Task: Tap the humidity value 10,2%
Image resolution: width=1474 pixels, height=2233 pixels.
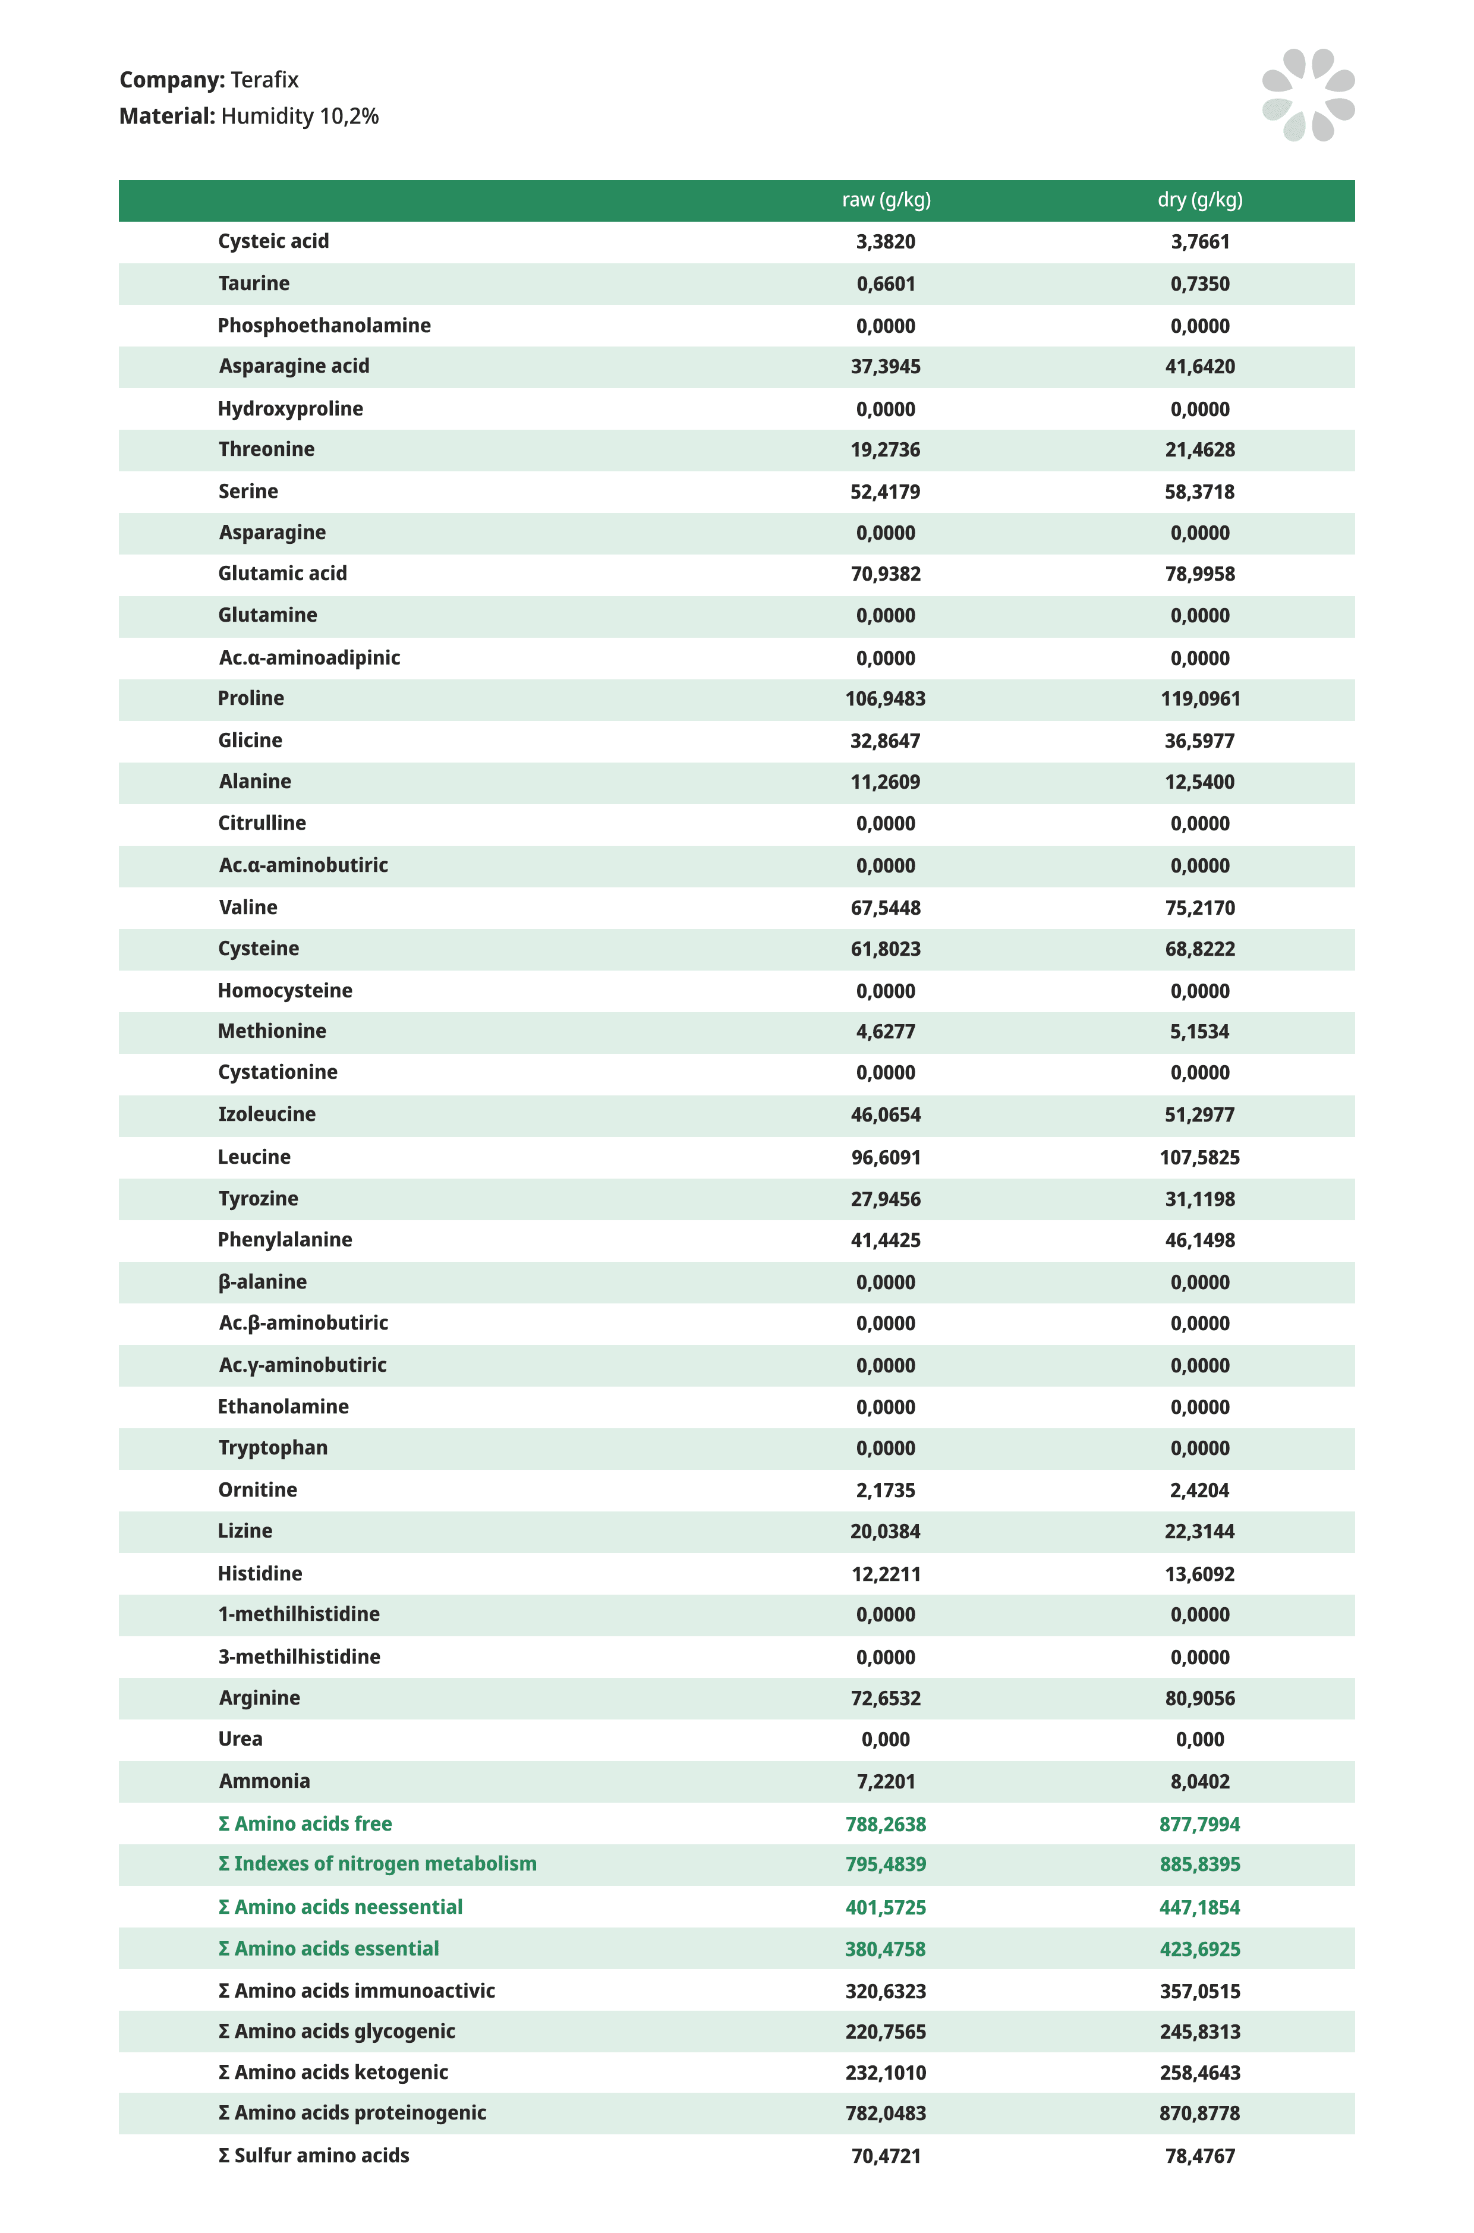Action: (x=349, y=116)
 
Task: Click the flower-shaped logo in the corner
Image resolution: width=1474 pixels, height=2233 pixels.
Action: (x=1308, y=95)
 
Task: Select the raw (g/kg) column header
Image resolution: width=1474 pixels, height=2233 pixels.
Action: (x=886, y=200)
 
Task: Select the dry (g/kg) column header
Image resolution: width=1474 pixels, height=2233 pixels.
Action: (x=1199, y=200)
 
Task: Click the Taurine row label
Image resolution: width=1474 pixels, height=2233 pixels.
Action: (x=254, y=284)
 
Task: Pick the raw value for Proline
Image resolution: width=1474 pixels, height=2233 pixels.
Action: (x=886, y=699)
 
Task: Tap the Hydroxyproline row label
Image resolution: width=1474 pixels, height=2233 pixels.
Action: (x=291, y=409)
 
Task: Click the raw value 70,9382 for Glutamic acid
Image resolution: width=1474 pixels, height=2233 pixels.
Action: (x=886, y=574)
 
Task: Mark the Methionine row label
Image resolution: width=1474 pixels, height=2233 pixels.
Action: (x=272, y=1032)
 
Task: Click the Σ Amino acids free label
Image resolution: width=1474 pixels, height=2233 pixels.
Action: (x=304, y=1824)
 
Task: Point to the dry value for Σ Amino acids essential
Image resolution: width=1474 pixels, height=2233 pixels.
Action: (x=1199, y=1949)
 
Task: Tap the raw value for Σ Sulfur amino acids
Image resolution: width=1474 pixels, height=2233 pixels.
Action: (x=886, y=2156)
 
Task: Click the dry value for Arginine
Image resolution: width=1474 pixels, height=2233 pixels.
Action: (x=1199, y=1698)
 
